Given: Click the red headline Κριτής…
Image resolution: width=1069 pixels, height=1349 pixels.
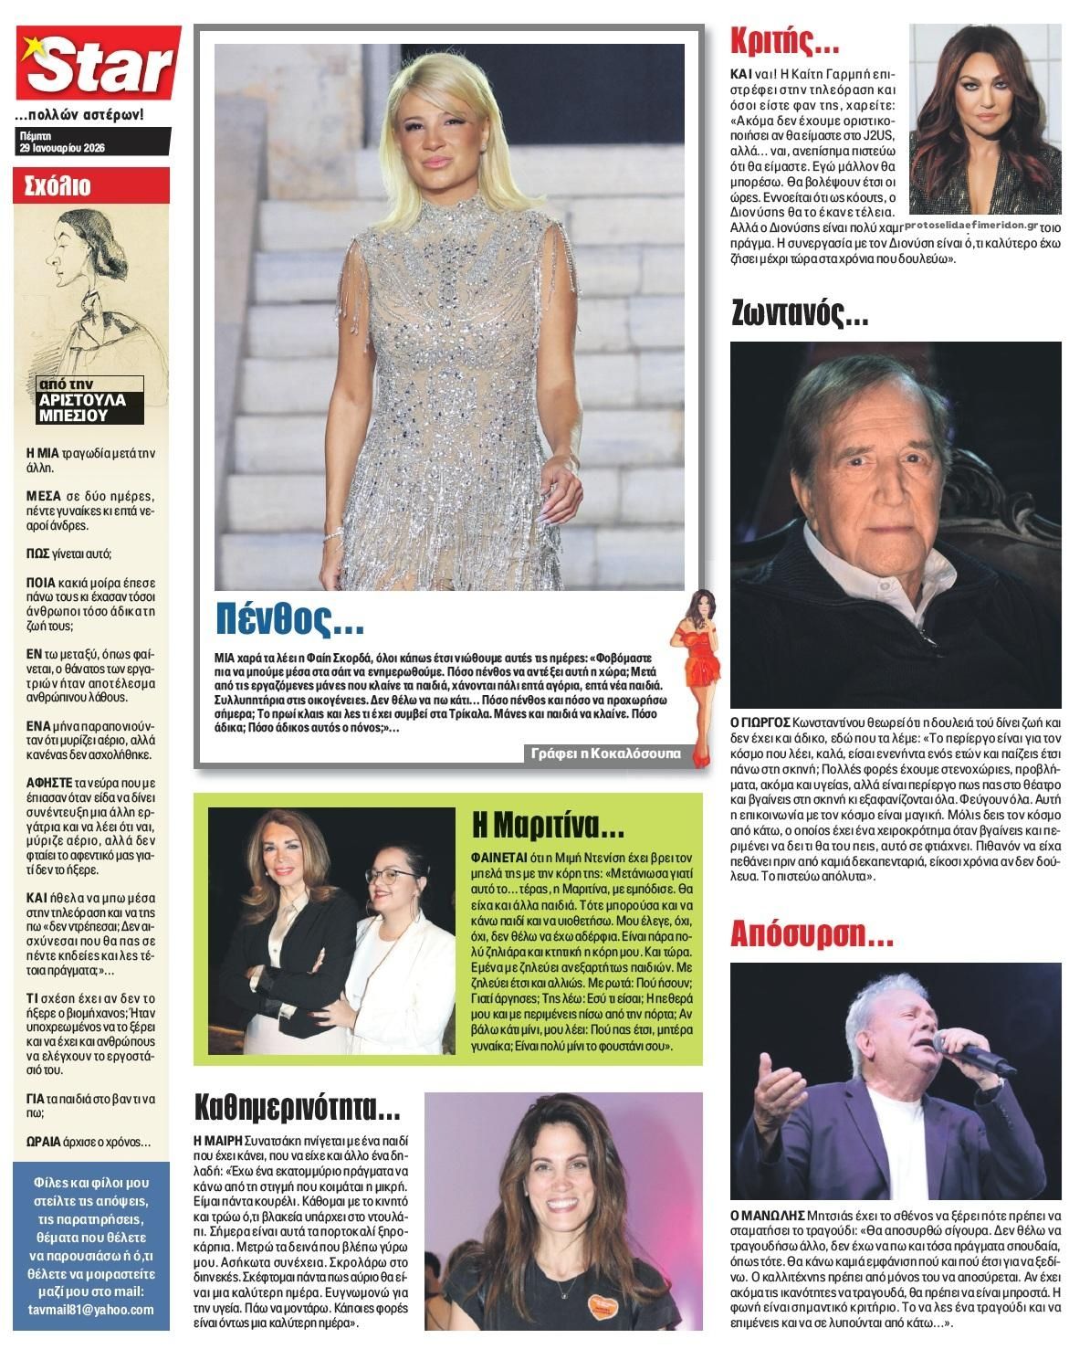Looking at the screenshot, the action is point(784,42).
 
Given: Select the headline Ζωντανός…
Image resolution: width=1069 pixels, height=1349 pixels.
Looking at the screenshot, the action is point(800,314).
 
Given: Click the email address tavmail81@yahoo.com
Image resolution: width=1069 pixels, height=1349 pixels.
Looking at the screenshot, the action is point(90,1309).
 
